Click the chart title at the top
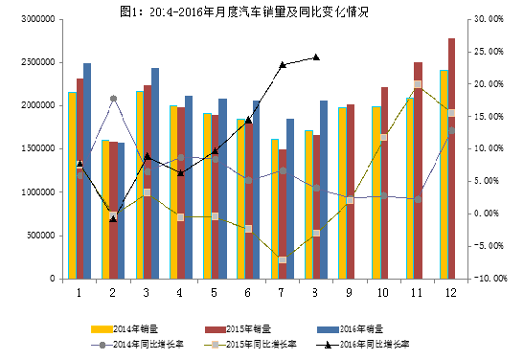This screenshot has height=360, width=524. click(261, 11)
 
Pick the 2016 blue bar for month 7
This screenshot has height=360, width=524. click(290, 198)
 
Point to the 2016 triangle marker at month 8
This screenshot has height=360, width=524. click(316, 56)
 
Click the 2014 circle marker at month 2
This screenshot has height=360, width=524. click(113, 99)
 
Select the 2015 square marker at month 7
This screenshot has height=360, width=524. click(283, 259)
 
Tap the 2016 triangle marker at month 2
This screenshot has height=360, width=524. click(113, 218)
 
